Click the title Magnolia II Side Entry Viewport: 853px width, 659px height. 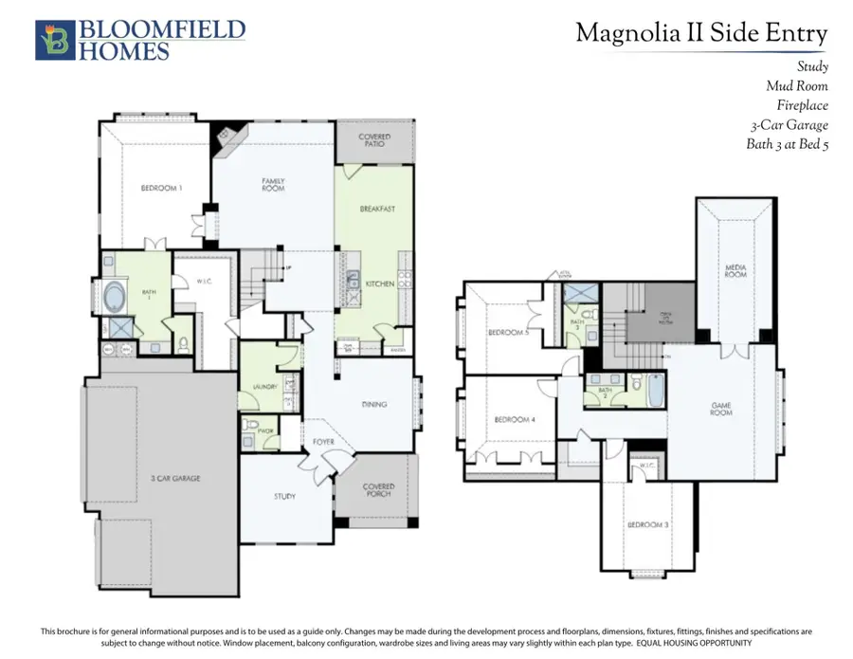tap(701, 34)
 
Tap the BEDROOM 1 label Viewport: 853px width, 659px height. tap(161, 188)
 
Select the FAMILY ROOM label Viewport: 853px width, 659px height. tap(273, 185)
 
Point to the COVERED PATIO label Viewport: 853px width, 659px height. tap(374, 141)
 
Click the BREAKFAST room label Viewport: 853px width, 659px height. tap(376, 209)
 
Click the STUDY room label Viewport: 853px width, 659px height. tap(284, 496)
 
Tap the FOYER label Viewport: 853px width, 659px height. tap(323, 442)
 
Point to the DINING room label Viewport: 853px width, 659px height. tap(374, 405)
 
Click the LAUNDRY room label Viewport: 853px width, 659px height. tap(264, 386)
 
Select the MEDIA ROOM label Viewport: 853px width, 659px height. tap(735, 272)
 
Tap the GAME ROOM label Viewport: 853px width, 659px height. tap(722, 410)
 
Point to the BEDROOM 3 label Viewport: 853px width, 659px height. tap(647, 524)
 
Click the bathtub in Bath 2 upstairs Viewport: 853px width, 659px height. tap(653, 390)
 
